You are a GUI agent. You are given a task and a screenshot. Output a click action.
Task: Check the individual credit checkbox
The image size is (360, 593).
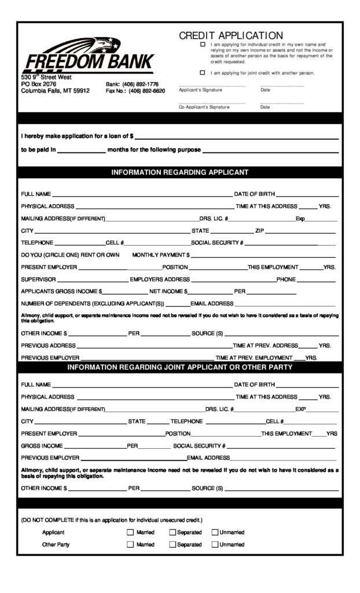203,45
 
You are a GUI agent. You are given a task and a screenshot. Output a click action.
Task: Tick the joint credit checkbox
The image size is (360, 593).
203,73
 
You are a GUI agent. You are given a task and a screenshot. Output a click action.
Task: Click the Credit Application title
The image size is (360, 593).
231,36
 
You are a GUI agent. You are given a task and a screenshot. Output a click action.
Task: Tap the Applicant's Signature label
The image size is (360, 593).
200,90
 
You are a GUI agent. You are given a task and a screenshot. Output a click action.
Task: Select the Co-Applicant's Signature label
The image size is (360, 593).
204,107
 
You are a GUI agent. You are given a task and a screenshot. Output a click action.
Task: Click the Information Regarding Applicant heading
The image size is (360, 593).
179,173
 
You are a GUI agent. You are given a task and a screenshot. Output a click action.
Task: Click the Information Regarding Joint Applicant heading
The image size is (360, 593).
179,367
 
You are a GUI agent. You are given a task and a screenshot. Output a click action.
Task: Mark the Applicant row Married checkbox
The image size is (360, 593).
130,532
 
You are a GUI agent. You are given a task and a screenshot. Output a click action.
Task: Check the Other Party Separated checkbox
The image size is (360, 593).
172,544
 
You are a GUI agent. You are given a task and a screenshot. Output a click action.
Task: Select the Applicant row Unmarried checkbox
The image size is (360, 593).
215,532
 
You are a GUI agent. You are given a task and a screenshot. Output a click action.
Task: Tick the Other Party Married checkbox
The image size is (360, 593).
130,544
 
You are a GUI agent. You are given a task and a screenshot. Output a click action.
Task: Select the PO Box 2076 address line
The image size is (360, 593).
39,84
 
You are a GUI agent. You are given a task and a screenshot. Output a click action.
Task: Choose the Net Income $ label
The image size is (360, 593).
168,291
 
